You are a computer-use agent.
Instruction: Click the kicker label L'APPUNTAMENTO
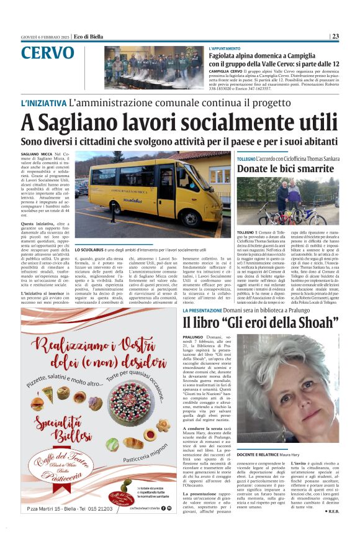click(x=225, y=48)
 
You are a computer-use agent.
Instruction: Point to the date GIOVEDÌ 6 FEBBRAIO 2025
click(x=45, y=36)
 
